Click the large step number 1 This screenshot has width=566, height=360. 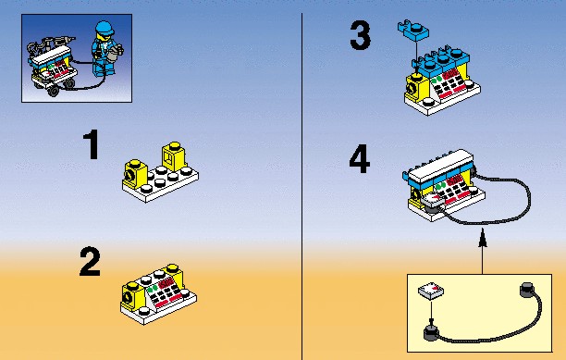pyautogui.click(x=92, y=144)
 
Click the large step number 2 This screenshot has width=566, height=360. pyautogui.click(x=90, y=262)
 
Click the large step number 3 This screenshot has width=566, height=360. pyautogui.click(x=361, y=35)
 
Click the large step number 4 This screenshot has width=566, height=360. pyautogui.click(x=360, y=159)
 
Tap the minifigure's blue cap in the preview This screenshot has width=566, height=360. pyautogui.click(x=105, y=27)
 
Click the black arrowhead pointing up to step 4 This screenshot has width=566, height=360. pyautogui.click(x=482, y=238)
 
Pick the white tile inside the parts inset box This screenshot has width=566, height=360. pyautogui.click(x=431, y=291)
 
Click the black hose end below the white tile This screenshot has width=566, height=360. pyautogui.click(x=431, y=332)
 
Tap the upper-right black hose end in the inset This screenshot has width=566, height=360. pyautogui.click(x=527, y=290)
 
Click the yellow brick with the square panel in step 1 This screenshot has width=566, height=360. pyautogui.click(x=175, y=156)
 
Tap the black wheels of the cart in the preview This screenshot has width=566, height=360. pyautogui.click(x=60, y=89)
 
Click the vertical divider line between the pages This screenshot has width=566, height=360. pyautogui.click(x=301, y=186)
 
